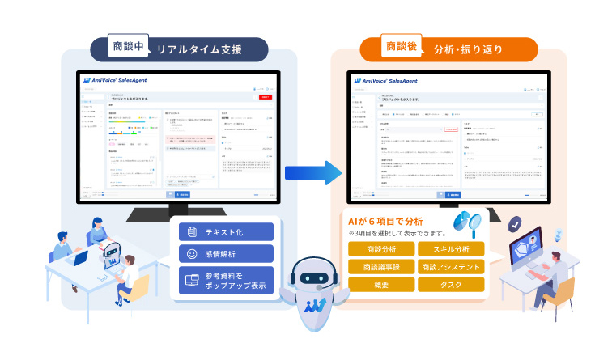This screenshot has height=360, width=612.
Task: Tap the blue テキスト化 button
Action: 226,231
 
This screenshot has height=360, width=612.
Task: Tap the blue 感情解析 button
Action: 226,254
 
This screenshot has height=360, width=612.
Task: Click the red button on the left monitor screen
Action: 266,96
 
